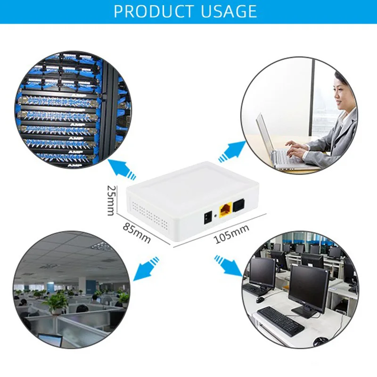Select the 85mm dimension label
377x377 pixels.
(137, 232)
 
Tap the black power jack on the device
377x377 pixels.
(207, 218)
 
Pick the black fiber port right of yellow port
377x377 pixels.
(238, 205)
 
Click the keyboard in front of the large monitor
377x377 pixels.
(281, 320)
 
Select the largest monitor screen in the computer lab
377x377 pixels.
(308, 287)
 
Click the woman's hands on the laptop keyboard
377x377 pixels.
(297, 148)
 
